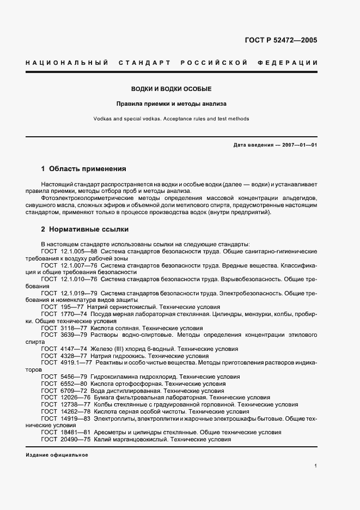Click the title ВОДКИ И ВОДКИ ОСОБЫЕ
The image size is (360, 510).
click(172, 89)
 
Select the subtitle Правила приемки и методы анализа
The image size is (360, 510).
click(172, 103)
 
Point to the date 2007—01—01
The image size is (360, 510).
click(299, 145)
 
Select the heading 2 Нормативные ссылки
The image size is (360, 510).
click(85, 229)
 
